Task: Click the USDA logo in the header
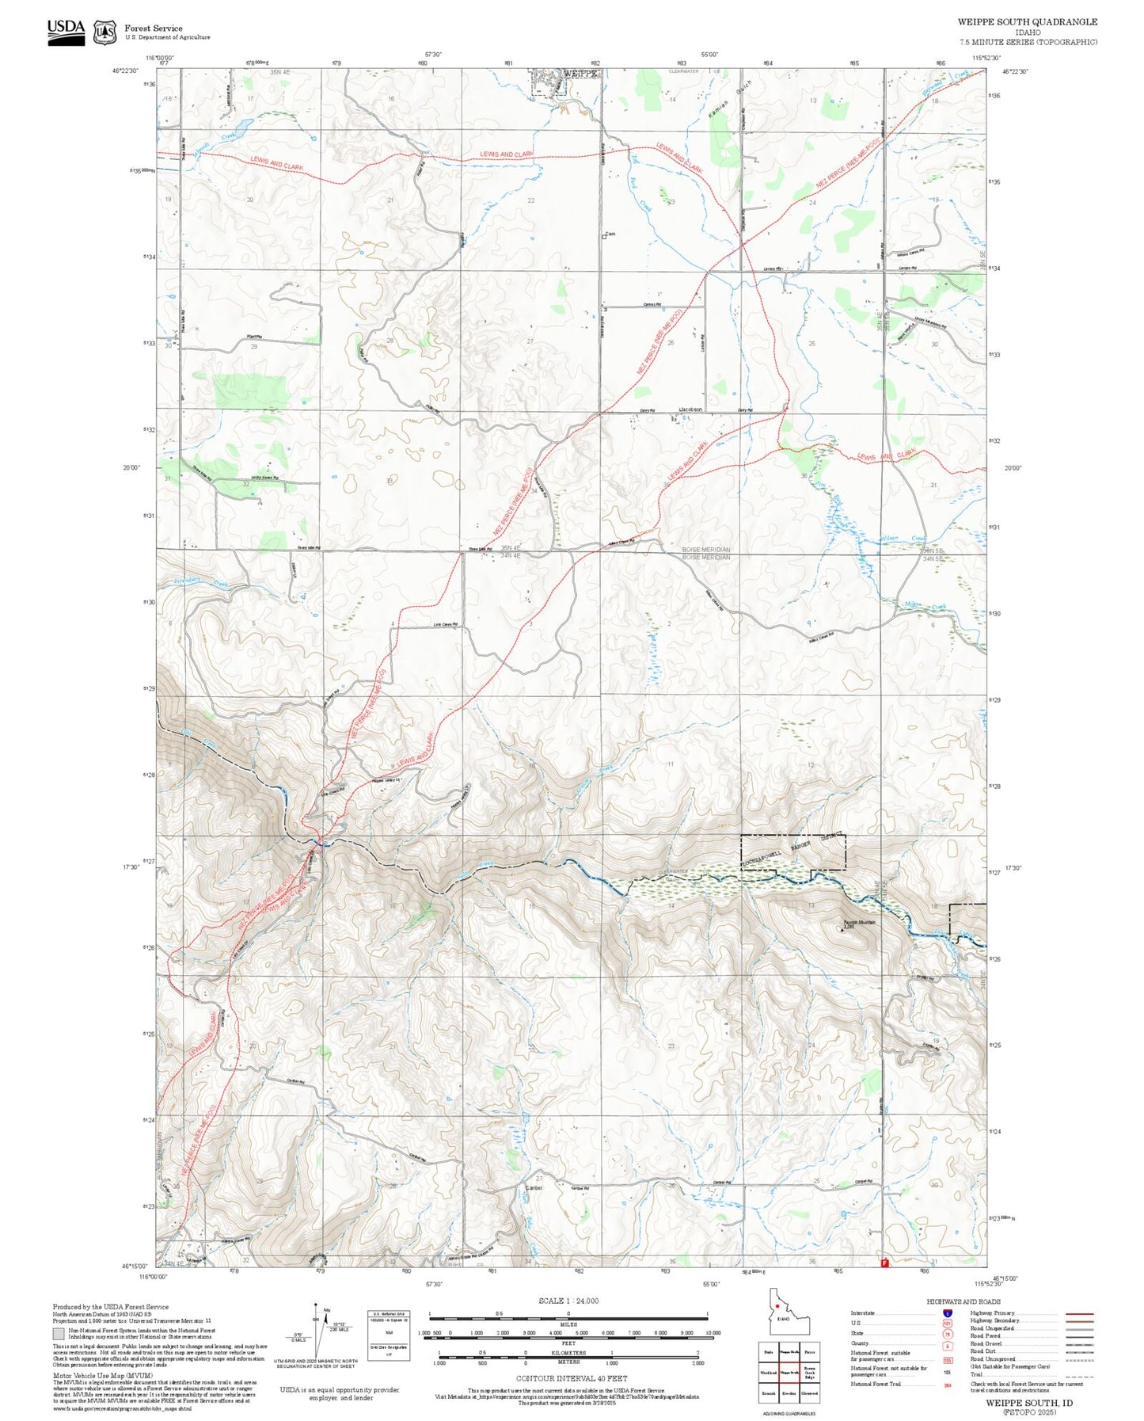[x=66, y=31]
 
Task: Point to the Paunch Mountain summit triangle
[x=842, y=930]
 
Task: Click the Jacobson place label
[x=690, y=410]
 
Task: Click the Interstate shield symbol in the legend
[x=947, y=1312]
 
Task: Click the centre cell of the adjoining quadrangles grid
[x=789, y=1372]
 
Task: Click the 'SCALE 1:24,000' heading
[x=568, y=1301]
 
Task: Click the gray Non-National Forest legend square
[x=59, y=1334]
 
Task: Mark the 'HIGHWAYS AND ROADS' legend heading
[x=963, y=1301]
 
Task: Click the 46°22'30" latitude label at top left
[x=127, y=70]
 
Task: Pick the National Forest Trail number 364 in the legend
[x=947, y=1384]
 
